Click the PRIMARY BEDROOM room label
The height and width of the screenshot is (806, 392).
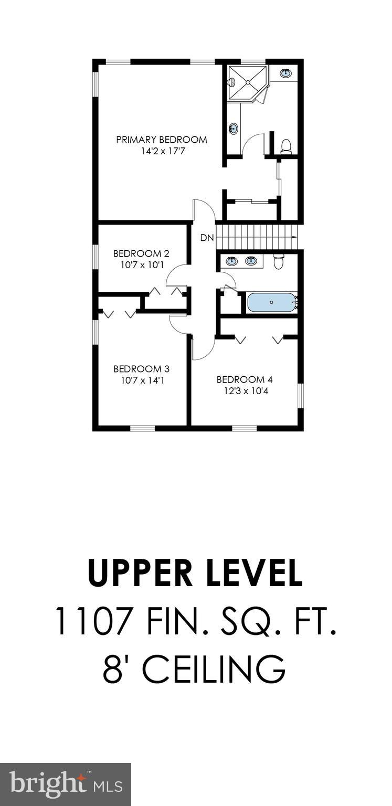click(161, 140)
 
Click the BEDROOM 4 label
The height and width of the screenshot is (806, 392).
click(245, 379)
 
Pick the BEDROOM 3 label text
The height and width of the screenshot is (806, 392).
click(141, 368)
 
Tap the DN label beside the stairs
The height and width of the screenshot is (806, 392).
click(207, 238)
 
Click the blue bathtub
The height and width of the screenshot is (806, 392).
click(271, 302)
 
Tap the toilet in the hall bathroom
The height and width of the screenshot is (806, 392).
click(279, 261)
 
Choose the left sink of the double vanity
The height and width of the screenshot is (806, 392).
click(231, 261)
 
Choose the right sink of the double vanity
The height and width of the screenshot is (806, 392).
click(251, 261)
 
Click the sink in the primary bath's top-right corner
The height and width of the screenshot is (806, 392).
click(286, 73)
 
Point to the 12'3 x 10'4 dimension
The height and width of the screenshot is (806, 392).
click(245, 391)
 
